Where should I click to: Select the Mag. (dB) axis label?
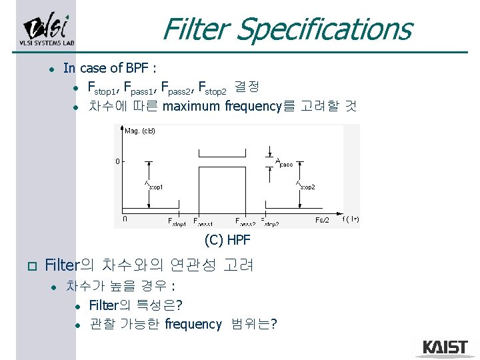point(141,131)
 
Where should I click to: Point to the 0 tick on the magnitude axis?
point(117,161)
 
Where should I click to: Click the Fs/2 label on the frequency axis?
point(322,220)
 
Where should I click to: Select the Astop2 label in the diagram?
point(305,186)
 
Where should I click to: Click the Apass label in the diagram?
point(284,162)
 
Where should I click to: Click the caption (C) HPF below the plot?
point(227,240)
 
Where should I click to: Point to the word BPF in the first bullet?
point(138,68)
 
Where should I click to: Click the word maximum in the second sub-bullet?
point(193,106)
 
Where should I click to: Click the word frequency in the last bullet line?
point(193,324)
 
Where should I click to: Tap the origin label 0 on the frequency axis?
point(125,218)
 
